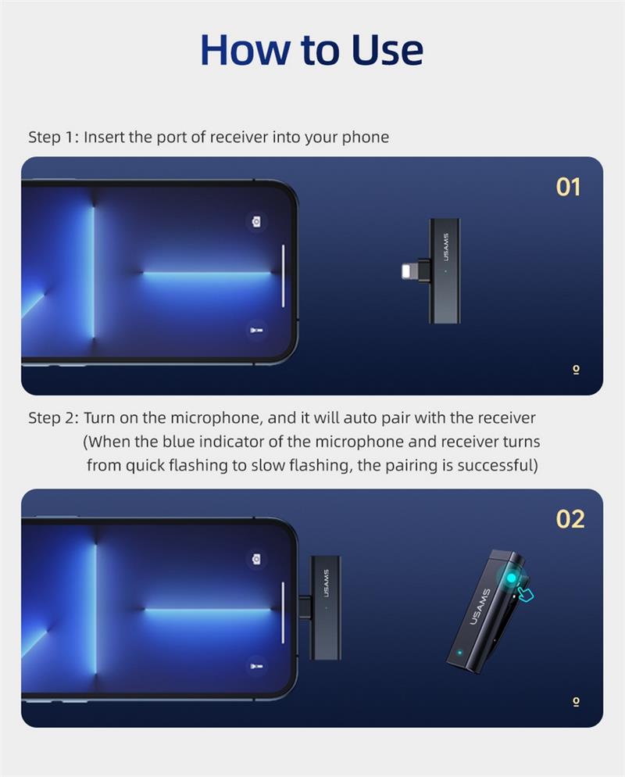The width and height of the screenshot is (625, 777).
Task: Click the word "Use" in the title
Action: [387, 49]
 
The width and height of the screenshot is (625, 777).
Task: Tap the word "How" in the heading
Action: [245, 49]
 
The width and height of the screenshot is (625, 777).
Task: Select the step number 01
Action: [568, 188]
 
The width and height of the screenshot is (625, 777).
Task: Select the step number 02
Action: [570, 519]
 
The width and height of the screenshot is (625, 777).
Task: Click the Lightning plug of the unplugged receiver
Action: [409, 270]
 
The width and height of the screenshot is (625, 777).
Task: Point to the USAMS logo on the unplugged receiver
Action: [445, 247]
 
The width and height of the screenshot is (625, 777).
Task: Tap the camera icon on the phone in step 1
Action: [256, 221]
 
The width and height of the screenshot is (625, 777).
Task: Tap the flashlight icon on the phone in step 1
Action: [256, 330]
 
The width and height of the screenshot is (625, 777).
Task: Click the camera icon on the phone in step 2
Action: [256, 559]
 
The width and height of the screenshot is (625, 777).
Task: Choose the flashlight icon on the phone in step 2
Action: [256, 667]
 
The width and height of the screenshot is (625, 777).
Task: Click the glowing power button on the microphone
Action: [511, 578]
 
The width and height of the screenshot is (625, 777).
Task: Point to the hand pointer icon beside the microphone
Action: [525, 593]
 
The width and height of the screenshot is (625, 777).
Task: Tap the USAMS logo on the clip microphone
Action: [479, 607]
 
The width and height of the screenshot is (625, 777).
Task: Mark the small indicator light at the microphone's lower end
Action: [459, 653]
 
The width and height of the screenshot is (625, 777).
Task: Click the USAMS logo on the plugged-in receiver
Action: [326, 584]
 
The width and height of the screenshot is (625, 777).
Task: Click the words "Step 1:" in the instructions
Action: [53, 138]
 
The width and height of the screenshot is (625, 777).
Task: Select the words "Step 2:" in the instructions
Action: [53, 418]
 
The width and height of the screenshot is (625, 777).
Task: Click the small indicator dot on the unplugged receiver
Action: [445, 271]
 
